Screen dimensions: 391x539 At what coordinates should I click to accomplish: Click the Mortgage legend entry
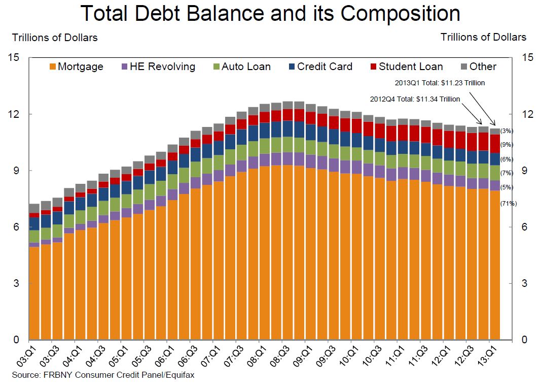click(76, 67)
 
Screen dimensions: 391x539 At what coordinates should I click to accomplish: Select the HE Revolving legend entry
click(157, 67)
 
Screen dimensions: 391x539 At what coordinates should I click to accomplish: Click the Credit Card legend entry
click(319, 67)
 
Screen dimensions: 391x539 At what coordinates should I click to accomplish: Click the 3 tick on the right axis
click(523, 283)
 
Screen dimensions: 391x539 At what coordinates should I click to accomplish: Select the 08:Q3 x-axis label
click(280, 356)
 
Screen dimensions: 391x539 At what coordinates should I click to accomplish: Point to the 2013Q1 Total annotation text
click(440, 82)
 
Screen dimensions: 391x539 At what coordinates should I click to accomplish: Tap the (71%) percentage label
click(508, 204)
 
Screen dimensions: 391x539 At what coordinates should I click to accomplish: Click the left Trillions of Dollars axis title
click(55, 37)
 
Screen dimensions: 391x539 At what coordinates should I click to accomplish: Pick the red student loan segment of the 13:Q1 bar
click(495, 144)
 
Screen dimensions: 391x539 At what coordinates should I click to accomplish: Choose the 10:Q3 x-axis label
click(372, 356)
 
